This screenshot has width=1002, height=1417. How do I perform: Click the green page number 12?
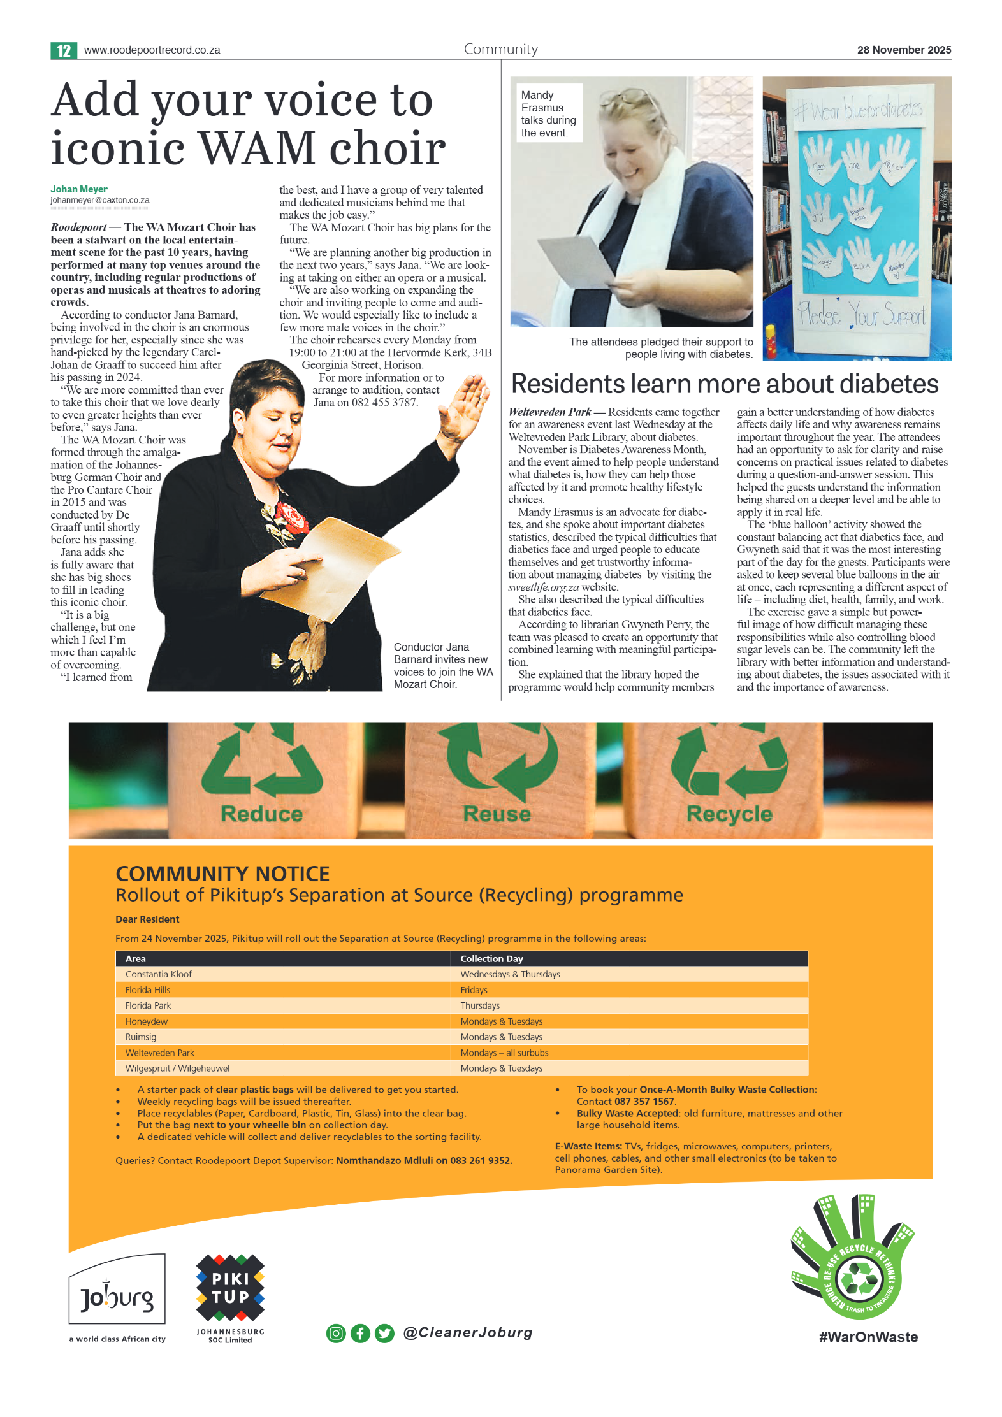click(x=64, y=50)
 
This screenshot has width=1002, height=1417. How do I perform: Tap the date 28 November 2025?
click(x=903, y=50)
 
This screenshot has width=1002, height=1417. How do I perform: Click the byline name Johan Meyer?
click(x=79, y=189)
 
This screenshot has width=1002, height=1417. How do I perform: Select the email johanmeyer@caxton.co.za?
click(x=100, y=200)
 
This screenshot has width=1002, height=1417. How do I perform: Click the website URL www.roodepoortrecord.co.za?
click(x=152, y=50)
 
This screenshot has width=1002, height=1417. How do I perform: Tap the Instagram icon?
click(x=336, y=1333)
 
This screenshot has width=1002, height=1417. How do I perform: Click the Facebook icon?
click(x=360, y=1333)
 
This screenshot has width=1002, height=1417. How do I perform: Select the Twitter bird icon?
click(x=384, y=1333)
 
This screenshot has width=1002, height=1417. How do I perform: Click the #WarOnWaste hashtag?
click(x=868, y=1337)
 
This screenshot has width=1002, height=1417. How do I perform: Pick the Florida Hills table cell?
click(x=148, y=990)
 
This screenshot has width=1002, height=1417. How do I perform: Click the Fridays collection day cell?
click(x=474, y=990)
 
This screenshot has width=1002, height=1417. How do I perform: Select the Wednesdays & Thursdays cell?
click(x=510, y=974)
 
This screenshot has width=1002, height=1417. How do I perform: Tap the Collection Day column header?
click(x=491, y=959)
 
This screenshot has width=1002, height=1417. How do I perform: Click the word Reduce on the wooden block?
click(x=262, y=814)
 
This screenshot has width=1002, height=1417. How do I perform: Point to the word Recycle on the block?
click(x=729, y=814)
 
